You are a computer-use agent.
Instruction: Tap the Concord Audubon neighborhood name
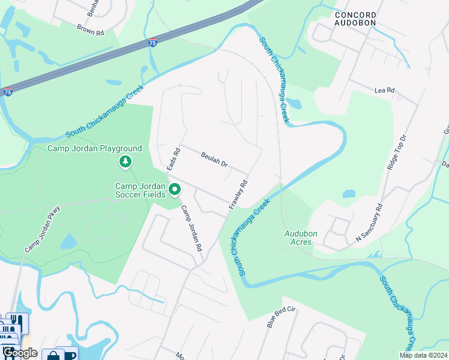point(355,19)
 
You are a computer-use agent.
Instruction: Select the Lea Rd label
point(384,91)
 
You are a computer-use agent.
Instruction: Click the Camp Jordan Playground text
point(95,149)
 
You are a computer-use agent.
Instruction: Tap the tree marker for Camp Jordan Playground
point(125,162)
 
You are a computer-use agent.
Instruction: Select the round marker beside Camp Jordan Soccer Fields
point(175,190)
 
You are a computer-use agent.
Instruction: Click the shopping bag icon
point(53,355)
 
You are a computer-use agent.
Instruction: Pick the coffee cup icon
point(70,355)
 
